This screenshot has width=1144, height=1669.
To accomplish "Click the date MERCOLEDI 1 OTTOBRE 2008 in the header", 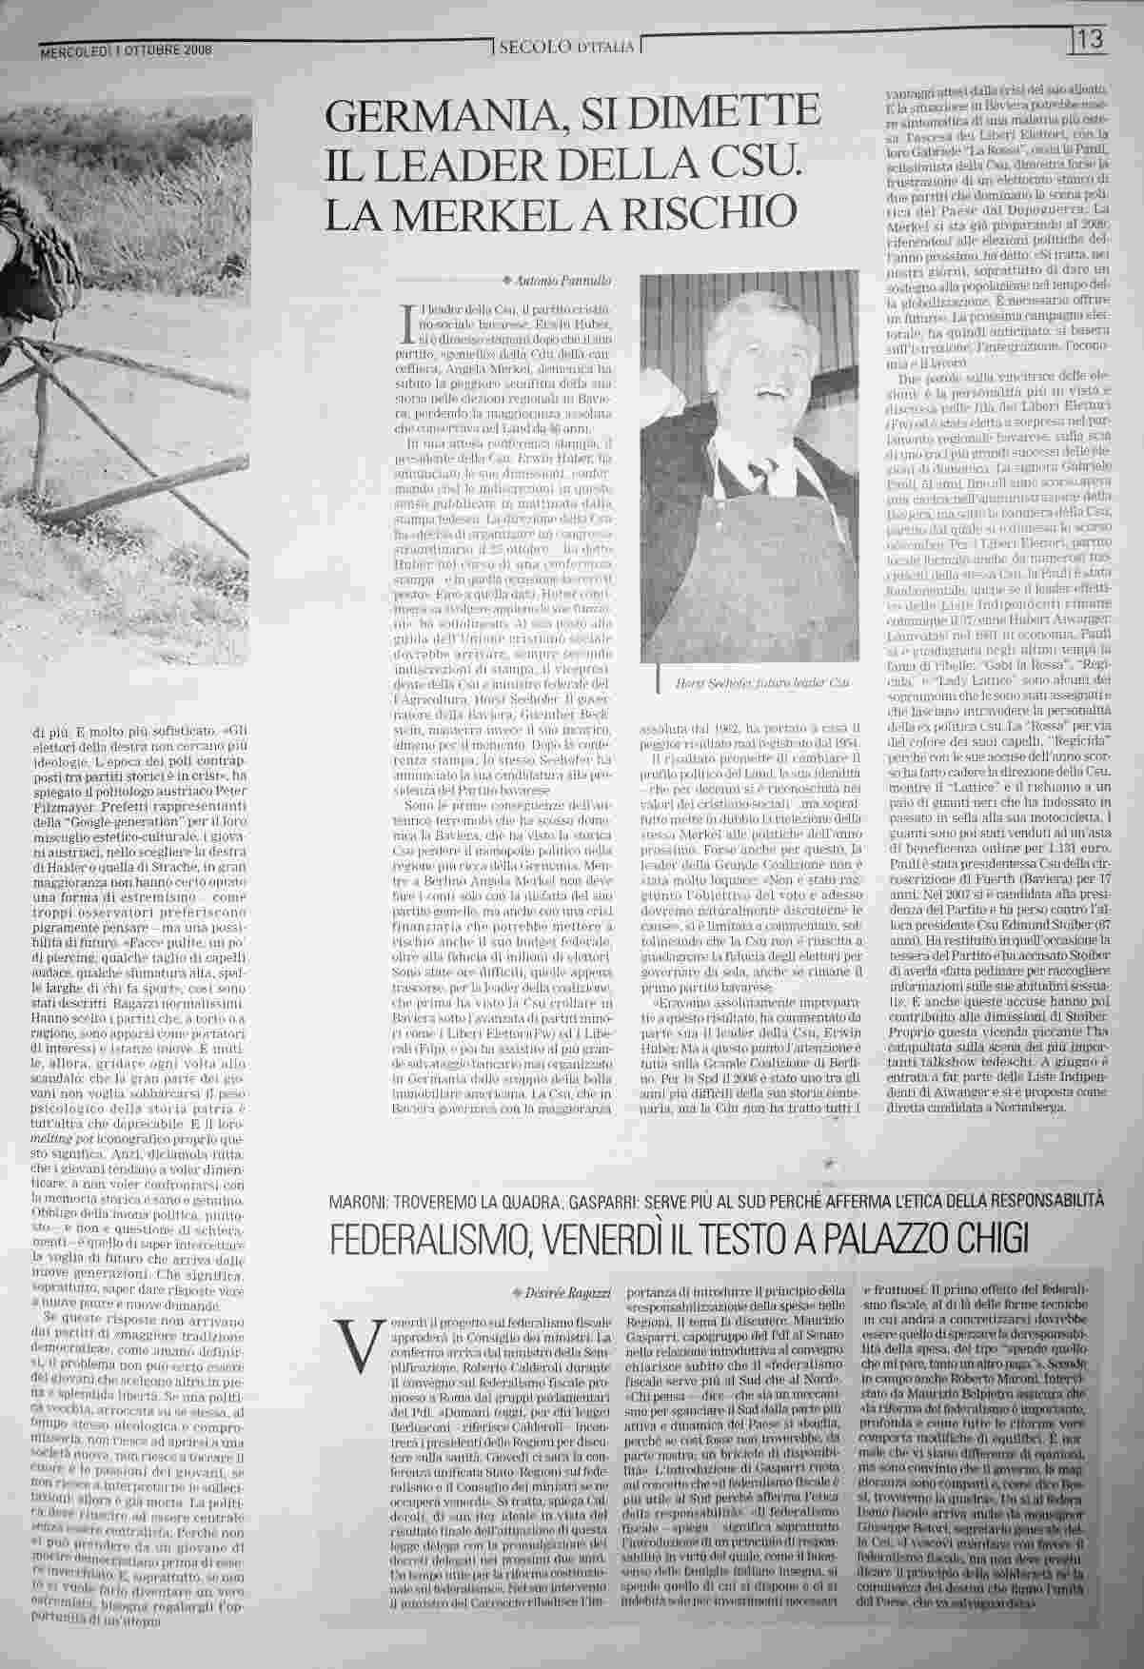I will pyautogui.click(x=127, y=50).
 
